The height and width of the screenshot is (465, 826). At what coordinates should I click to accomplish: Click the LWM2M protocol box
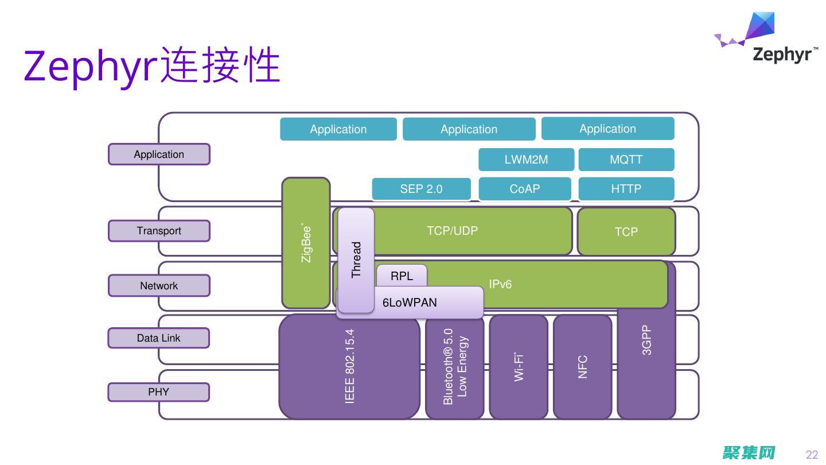526,160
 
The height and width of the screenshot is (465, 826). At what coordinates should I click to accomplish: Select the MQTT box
626,160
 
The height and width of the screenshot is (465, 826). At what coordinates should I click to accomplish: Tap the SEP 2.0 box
421,189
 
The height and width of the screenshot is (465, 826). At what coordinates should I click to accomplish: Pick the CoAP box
525,189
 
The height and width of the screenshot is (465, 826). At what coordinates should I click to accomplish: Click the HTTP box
626,189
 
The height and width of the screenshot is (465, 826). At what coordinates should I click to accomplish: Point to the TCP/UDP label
452,231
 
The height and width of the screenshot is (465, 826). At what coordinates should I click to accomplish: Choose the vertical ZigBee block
306,243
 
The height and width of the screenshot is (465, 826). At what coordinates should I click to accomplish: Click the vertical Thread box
356,259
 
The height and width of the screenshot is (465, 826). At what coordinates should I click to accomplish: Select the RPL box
402,276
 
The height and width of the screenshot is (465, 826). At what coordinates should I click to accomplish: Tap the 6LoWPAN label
410,303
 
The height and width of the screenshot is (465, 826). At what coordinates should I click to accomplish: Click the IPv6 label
500,284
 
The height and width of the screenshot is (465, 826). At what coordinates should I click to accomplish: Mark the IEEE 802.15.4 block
349,366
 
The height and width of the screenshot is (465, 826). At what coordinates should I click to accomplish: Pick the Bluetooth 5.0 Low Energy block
455,366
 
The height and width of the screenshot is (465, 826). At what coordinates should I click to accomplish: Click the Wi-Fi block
519,366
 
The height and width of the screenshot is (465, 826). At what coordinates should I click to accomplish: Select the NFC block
582,366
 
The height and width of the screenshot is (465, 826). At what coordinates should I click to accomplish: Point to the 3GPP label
646,340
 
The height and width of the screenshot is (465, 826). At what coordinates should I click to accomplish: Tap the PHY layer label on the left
159,392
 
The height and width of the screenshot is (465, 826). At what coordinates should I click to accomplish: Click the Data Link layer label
159,338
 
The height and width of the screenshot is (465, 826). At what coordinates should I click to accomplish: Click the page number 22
812,455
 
